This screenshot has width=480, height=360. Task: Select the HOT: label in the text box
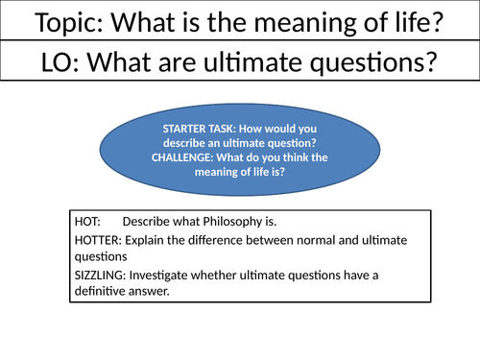pyautogui.click(x=87, y=221)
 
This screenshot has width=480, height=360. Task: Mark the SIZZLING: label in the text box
pyautogui.click(x=103, y=276)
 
